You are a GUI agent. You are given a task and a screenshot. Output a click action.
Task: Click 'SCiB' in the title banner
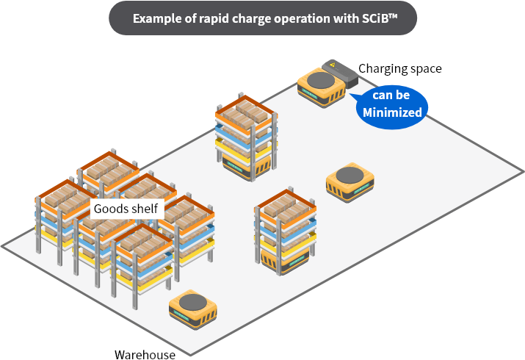pos(378,18)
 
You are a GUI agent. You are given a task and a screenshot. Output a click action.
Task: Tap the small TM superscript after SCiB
pos(397,13)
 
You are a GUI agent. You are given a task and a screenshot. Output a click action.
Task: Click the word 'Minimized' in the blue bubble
pos(392,112)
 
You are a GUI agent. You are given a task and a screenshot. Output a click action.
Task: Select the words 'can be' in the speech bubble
pos(391,96)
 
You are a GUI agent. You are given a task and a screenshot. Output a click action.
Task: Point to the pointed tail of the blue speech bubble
pos(353,95)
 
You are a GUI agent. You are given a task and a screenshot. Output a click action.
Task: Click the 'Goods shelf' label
pos(126,209)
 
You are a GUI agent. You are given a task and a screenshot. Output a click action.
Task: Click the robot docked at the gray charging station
pos(322,87)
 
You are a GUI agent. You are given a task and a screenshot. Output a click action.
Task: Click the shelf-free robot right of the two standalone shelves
pos(350,183)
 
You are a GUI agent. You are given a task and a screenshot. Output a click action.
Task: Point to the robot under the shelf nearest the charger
pos(247,165)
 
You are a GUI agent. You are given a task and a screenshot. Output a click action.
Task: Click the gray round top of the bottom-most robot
pos(192,300)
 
